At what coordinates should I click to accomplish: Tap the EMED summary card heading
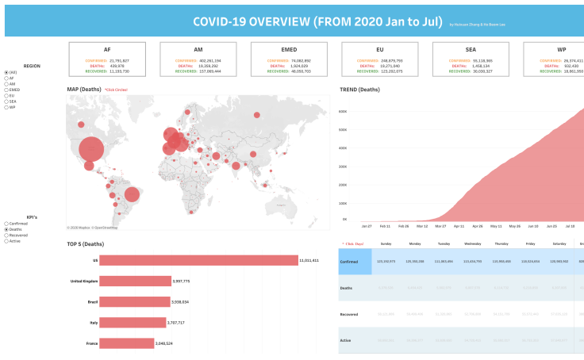[x=289, y=49]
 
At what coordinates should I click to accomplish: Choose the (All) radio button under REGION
[x=6, y=72]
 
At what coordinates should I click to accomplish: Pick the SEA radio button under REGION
[x=6, y=101]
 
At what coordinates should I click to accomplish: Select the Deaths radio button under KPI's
[x=6, y=229]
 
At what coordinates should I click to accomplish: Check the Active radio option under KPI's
[x=6, y=240]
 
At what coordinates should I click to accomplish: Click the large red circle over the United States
[x=90, y=147]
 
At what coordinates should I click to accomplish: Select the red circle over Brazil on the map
[x=132, y=194]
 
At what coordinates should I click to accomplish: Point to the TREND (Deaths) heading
[x=359, y=90]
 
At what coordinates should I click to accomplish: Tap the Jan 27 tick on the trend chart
[x=366, y=226]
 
